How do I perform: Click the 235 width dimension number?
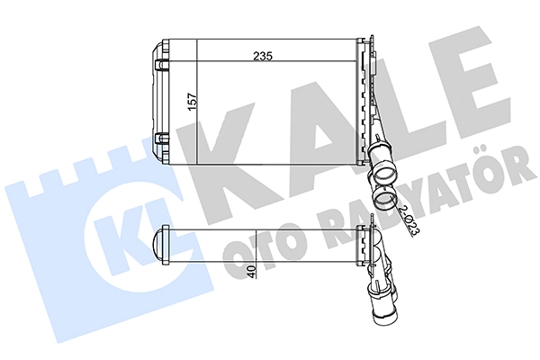263,56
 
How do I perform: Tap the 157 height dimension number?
193,102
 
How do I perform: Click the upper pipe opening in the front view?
384,172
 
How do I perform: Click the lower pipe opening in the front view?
383,198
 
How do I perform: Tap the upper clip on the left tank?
162,65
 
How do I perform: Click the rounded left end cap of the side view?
159,246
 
